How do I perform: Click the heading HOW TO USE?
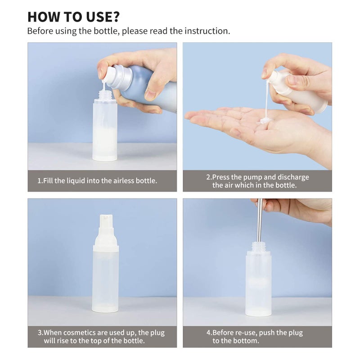73,16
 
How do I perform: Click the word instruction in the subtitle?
208,31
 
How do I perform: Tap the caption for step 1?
98,181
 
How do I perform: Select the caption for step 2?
257,181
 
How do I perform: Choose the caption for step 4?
254,337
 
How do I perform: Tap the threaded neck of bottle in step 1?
105,95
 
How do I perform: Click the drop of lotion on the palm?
265,121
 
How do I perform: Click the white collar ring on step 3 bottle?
105,248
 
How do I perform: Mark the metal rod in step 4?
259,220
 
